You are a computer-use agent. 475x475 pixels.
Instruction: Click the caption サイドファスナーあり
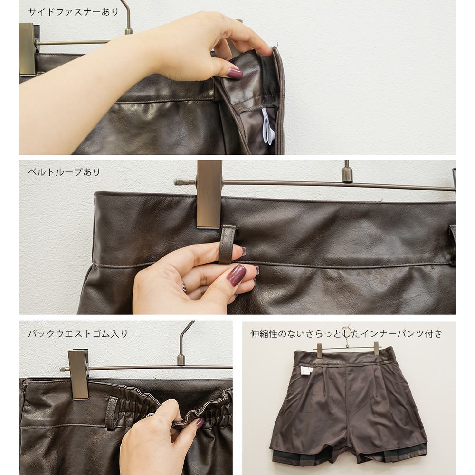pyautogui.click(x=73, y=12)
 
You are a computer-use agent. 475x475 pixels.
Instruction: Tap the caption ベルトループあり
pyautogui.click(x=64, y=172)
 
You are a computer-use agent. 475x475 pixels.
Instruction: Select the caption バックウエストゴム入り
pyautogui.click(x=78, y=333)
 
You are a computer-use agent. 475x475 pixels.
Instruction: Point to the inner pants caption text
pyautogui.click(x=347, y=333)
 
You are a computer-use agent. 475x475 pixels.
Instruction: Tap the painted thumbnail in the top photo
pyautogui.click(x=235, y=73)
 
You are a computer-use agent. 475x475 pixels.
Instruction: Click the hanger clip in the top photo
pyautogui.click(x=28, y=49)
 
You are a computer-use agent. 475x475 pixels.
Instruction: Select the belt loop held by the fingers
pyautogui.click(x=227, y=244)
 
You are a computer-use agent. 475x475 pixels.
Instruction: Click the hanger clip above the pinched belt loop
pyautogui.click(x=209, y=194)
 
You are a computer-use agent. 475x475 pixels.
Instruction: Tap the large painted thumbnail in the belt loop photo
pyautogui.click(x=236, y=275)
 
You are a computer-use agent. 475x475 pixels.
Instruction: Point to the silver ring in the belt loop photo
pyautogui.click(x=184, y=286)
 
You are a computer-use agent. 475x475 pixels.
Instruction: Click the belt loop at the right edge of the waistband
pyautogui.click(x=452, y=246)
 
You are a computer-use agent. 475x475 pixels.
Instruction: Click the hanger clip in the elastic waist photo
pyautogui.click(x=78, y=374)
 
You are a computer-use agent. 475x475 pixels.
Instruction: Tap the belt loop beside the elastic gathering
pyautogui.click(x=112, y=413)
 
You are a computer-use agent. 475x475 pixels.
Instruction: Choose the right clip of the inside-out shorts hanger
pyautogui.click(x=376, y=349)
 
